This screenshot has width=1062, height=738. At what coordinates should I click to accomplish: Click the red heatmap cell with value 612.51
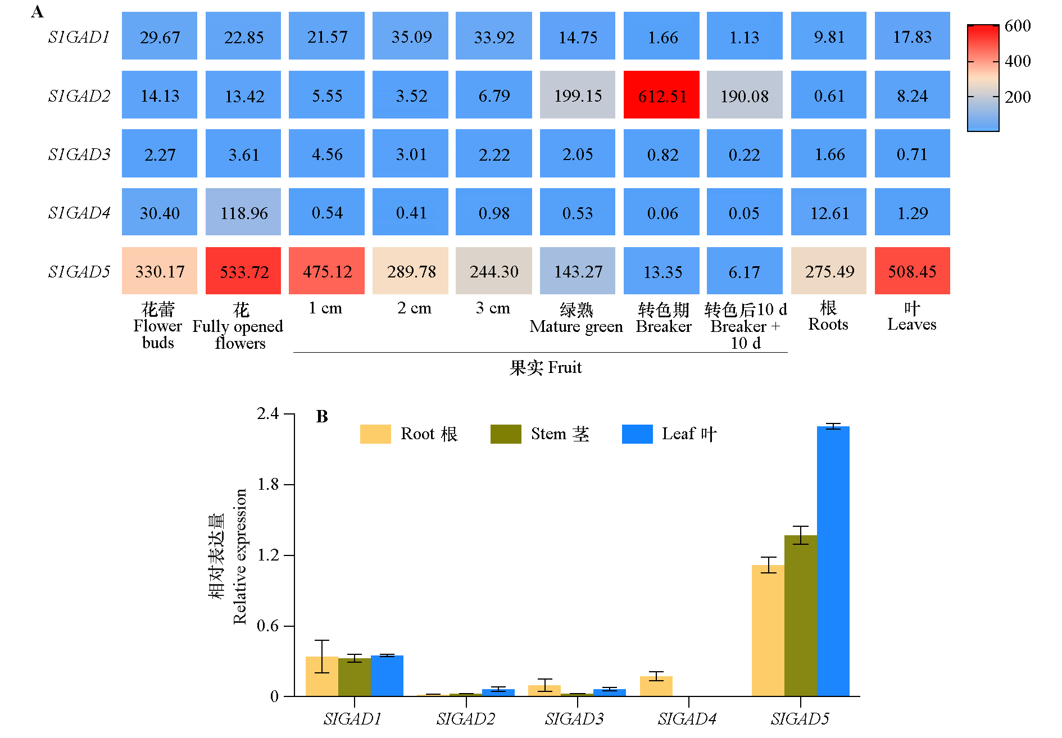661,95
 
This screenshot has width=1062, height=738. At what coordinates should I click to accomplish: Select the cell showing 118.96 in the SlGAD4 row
243,212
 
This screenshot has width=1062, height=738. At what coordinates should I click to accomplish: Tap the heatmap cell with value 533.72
243,271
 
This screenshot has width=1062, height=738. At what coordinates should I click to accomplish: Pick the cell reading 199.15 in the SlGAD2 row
578,95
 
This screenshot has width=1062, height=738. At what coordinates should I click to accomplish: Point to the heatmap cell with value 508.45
912,271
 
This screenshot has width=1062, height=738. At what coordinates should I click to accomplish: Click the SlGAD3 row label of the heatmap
79,154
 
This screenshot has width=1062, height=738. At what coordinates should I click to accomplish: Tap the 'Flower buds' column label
158,326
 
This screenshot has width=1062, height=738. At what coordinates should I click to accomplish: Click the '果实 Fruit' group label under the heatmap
545,367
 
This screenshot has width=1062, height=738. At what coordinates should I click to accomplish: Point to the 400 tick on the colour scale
1017,61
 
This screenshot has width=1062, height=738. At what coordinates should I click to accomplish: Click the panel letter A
37,12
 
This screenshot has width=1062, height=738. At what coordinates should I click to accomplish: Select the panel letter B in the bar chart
322,416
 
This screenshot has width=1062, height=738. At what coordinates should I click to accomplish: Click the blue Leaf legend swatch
637,434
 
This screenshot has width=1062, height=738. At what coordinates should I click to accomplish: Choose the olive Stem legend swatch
506,434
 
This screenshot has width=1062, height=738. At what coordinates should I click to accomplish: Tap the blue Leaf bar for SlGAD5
833,562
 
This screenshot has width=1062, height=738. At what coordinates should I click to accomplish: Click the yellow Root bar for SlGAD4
656,686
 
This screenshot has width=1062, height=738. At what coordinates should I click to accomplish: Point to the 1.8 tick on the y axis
268,484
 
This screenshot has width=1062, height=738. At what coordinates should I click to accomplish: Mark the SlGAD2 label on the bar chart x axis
466,719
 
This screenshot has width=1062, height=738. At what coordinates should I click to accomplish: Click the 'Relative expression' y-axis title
240,556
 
